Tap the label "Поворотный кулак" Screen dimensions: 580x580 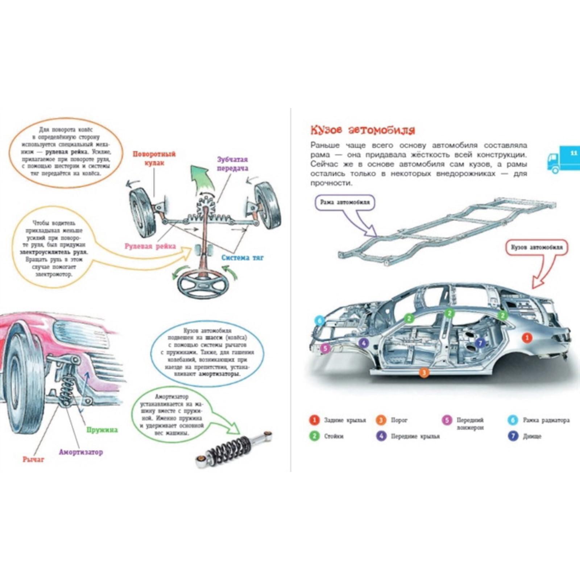click(154, 158)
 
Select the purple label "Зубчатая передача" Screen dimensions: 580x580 click(232, 164)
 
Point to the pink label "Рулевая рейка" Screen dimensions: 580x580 click(150, 246)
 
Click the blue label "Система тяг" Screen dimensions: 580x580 click(243, 258)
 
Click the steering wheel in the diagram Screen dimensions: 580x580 click(203, 286)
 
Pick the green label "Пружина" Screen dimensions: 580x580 click(102, 430)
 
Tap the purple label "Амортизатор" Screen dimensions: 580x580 click(81, 452)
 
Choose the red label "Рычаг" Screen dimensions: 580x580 click(33, 459)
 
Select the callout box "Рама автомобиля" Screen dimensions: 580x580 click(345, 202)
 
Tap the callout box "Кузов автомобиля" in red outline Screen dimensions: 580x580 click(536, 248)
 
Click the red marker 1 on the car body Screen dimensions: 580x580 click(527, 338)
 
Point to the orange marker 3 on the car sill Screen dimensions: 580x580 click(424, 372)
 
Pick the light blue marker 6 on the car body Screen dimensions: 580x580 click(319, 320)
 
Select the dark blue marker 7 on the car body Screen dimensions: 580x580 click(480, 343)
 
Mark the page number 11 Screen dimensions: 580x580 click(573, 153)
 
